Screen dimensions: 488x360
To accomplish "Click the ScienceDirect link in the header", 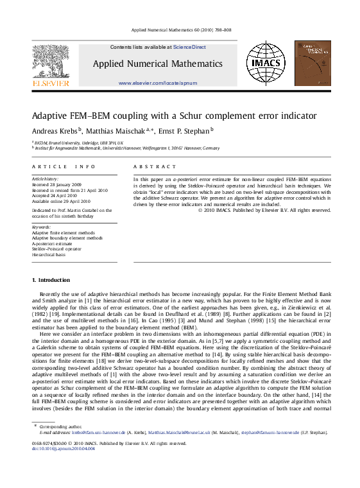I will (x=191, y=47).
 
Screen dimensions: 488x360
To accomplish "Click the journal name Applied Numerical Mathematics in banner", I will (x=157, y=64).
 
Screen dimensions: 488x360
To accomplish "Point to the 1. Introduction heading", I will (x=51, y=280).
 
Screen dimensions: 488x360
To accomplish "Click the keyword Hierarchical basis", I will (x=49, y=254).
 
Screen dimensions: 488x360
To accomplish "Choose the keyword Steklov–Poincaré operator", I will (x=57, y=248).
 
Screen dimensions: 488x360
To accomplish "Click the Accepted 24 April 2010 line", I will (x=55, y=195).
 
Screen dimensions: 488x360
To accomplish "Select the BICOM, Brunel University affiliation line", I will (x=80, y=143).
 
